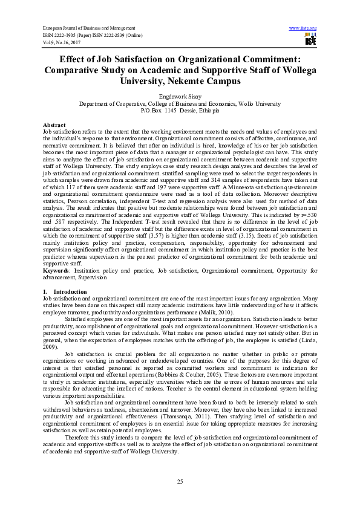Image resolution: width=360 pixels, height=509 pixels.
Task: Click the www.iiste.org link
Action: (x=303, y=28)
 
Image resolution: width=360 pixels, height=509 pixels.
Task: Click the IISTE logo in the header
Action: (x=310, y=41)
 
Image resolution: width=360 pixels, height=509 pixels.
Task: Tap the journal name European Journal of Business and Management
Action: (x=88, y=28)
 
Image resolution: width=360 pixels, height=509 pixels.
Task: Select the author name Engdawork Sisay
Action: (x=180, y=96)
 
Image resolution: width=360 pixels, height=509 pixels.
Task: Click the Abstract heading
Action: (x=54, y=124)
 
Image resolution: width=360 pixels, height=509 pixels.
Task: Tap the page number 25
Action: (x=180, y=481)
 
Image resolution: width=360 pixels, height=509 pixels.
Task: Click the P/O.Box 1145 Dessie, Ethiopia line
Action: (x=180, y=111)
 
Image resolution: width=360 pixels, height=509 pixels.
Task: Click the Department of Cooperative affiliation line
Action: (x=180, y=104)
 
